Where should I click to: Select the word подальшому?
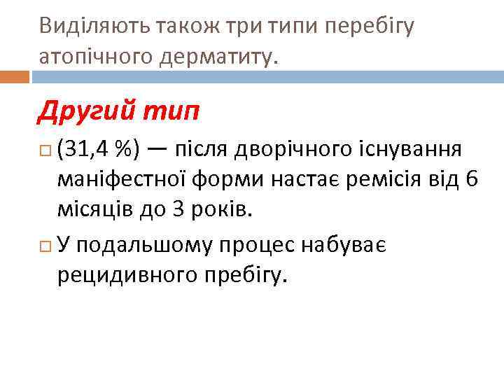click(147, 245)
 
